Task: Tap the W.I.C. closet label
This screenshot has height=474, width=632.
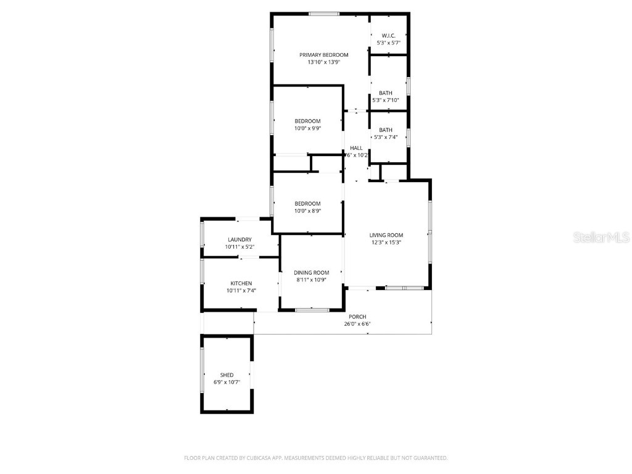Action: pos(388,36)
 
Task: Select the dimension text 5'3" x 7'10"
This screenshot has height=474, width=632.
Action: pos(386,100)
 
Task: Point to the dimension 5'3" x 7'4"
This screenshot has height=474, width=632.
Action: pos(386,137)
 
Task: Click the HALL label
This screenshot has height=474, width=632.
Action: pos(356,148)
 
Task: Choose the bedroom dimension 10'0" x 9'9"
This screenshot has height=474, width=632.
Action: pos(307,128)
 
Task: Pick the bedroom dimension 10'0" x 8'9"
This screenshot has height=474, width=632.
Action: pos(307,211)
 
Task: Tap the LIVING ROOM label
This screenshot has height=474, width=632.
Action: pos(386,235)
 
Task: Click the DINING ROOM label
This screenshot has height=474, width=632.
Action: pos(311,273)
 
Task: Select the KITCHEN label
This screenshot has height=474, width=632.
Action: pos(241,283)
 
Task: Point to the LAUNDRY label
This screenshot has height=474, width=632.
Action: pos(239,239)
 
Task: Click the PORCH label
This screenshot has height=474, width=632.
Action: pos(357,317)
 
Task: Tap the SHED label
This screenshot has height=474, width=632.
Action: pos(227,375)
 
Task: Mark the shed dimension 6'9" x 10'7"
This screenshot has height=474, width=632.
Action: pos(227,382)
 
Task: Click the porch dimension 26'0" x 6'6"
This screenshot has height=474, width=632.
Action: pos(357,324)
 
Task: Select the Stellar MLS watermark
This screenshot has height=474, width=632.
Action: pos(601,237)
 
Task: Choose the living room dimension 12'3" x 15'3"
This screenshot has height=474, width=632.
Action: pos(386,243)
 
